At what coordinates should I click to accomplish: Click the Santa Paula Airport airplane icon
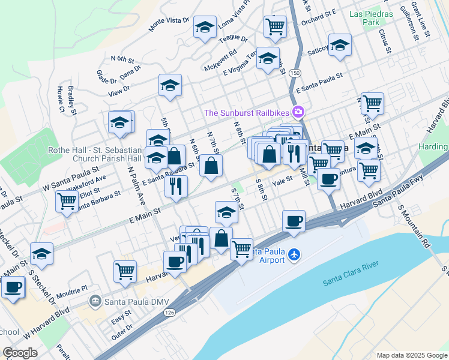[x=294, y=254]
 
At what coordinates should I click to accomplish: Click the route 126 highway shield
[x=172, y=313]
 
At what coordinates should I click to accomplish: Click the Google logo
[x=20, y=353]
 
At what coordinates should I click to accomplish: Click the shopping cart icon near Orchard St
[x=275, y=26]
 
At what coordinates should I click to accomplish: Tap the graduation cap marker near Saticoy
[x=340, y=45]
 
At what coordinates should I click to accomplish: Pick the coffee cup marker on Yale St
[x=328, y=178]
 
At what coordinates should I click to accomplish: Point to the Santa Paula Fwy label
[x=398, y=194]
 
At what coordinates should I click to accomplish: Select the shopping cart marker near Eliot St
[x=67, y=201]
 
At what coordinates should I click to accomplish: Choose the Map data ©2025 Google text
[x=411, y=355]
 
